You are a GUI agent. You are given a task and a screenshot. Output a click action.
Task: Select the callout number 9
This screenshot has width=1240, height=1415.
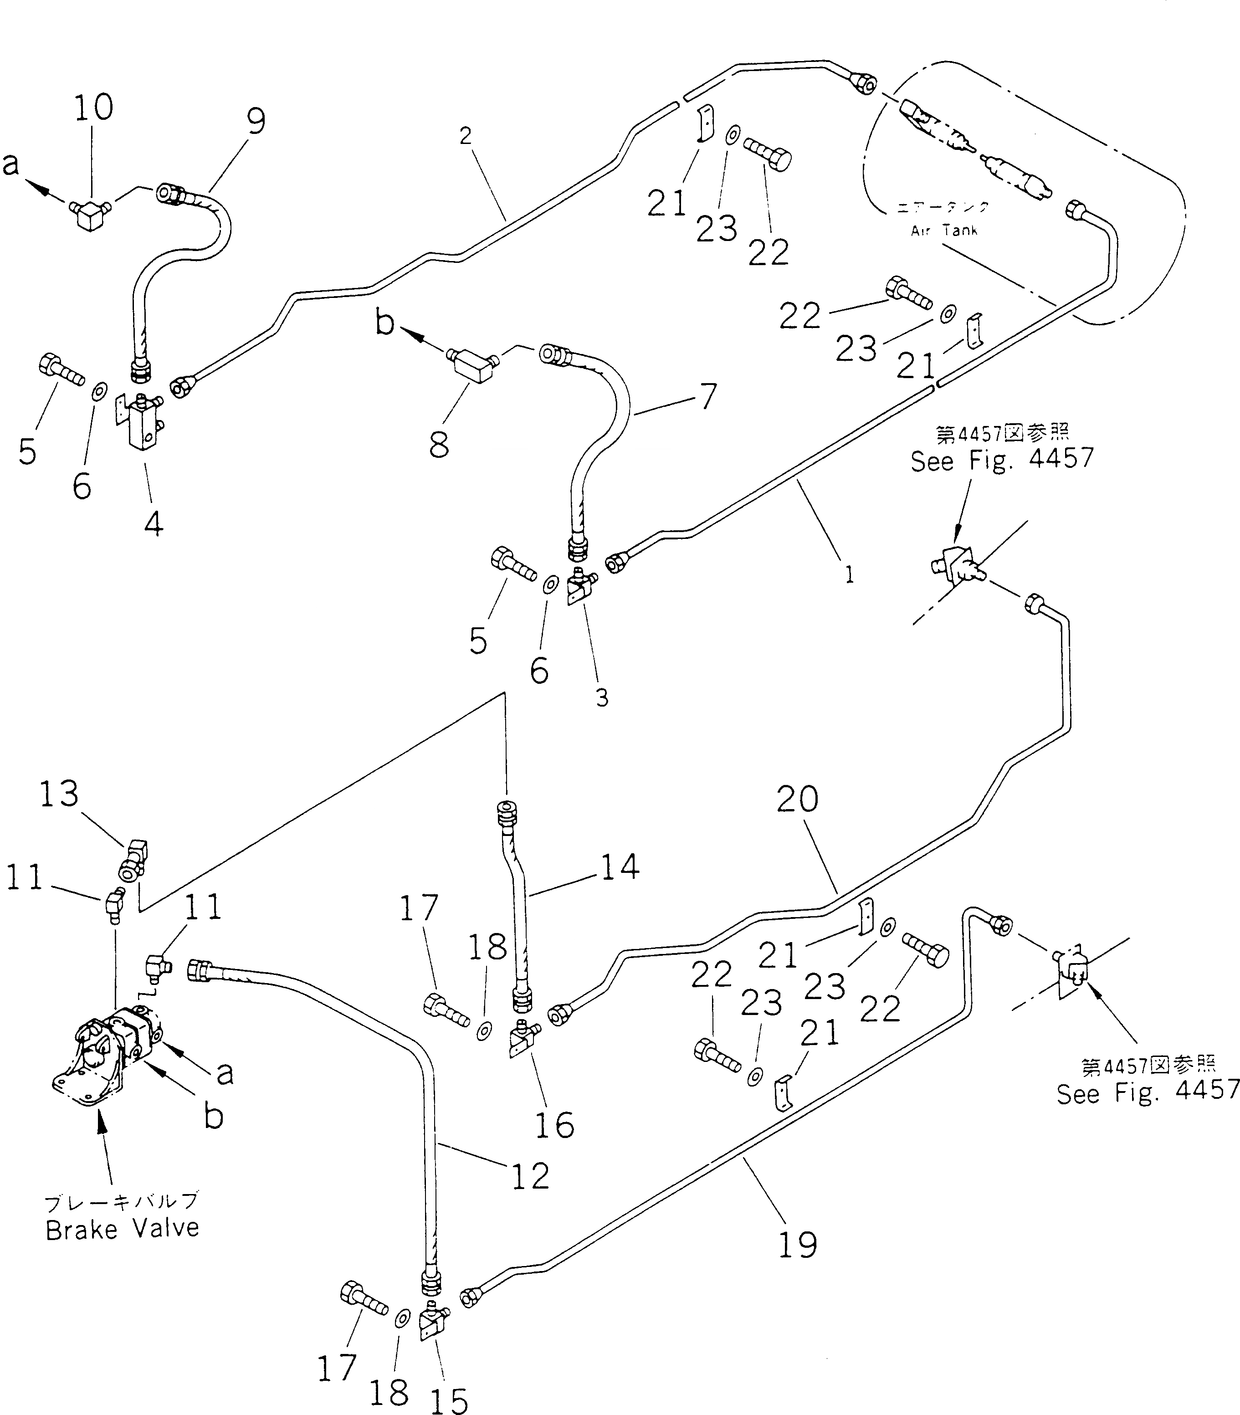(256, 123)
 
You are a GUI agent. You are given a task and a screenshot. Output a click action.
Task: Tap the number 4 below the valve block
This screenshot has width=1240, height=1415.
(154, 524)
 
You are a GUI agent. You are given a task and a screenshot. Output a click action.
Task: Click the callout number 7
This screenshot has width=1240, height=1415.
(707, 396)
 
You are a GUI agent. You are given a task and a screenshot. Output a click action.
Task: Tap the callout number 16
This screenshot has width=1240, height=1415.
(554, 1125)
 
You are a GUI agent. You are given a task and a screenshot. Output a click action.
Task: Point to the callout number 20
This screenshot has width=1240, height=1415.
(798, 799)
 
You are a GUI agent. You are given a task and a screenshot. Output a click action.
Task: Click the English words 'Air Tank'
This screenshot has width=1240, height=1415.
(944, 231)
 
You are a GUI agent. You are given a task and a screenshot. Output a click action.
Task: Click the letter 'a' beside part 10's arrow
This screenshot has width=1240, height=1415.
(10, 164)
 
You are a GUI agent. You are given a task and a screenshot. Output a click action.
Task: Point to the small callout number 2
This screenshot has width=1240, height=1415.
(465, 136)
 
